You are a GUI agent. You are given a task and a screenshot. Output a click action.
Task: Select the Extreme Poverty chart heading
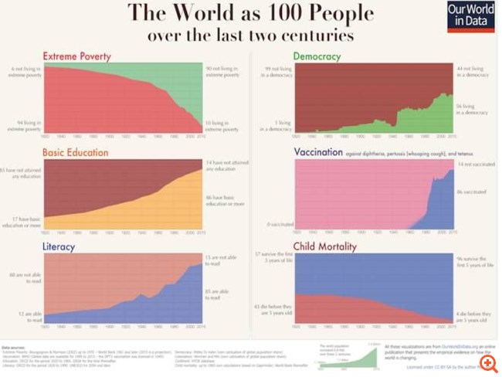76,56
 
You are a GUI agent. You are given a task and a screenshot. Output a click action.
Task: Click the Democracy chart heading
320,56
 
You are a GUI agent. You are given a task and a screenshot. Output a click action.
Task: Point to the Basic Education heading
76,152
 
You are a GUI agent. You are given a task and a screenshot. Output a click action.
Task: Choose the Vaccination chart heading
317,152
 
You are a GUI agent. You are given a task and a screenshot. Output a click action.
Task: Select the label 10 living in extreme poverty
219,124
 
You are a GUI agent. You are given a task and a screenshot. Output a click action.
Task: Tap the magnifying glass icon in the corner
487,361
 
